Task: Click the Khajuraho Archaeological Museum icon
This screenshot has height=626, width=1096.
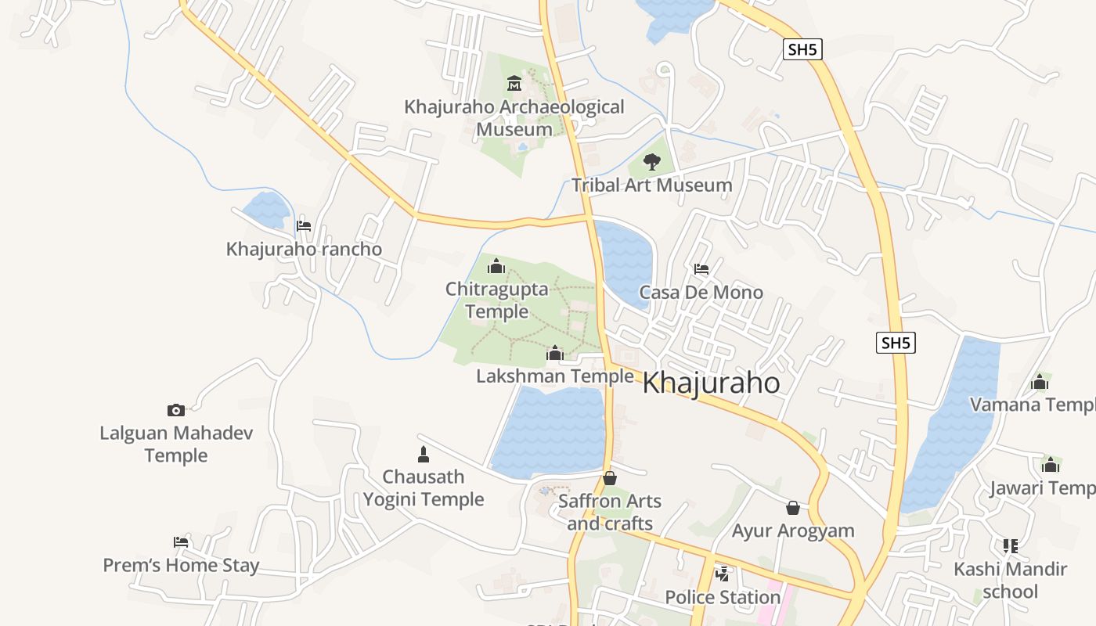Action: click(x=514, y=83)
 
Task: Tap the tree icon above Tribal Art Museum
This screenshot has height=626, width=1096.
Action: click(x=651, y=162)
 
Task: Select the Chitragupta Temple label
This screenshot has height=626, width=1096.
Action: click(x=497, y=300)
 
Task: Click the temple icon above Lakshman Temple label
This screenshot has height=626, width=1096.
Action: click(x=555, y=354)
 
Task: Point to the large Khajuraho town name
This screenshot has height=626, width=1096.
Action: click(x=711, y=383)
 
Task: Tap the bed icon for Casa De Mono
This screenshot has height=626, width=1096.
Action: click(x=701, y=269)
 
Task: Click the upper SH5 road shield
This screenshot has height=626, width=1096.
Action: click(x=802, y=50)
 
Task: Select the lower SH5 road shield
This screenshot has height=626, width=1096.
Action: click(x=896, y=343)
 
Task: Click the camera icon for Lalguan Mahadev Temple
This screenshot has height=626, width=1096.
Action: click(x=176, y=410)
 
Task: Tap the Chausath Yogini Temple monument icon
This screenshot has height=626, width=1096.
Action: click(x=424, y=454)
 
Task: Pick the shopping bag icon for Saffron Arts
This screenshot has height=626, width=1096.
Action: click(x=610, y=478)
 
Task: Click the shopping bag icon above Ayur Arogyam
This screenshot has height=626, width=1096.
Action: click(x=793, y=508)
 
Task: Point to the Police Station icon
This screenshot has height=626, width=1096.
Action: click(x=723, y=574)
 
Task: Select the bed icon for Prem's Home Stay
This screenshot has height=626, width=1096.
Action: click(x=181, y=542)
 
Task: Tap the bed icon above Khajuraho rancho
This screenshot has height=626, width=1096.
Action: click(x=304, y=226)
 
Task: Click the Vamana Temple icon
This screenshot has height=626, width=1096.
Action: click(x=1040, y=382)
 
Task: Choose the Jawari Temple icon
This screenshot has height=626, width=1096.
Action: click(x=1051, y=466)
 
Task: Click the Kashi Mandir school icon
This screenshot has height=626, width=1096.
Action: click(x=1011, y=545)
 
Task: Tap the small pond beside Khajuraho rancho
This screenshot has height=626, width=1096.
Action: click(x=266, y=209)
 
